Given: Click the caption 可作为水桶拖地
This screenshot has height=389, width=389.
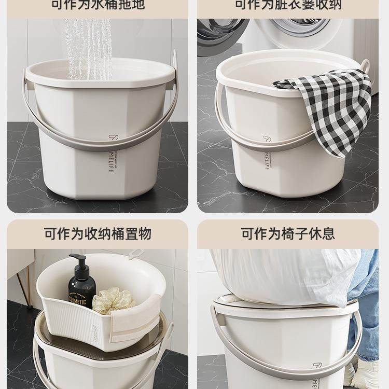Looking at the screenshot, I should (x=98, y=5).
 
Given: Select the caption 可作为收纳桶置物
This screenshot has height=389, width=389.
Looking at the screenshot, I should (x=98, y=233).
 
